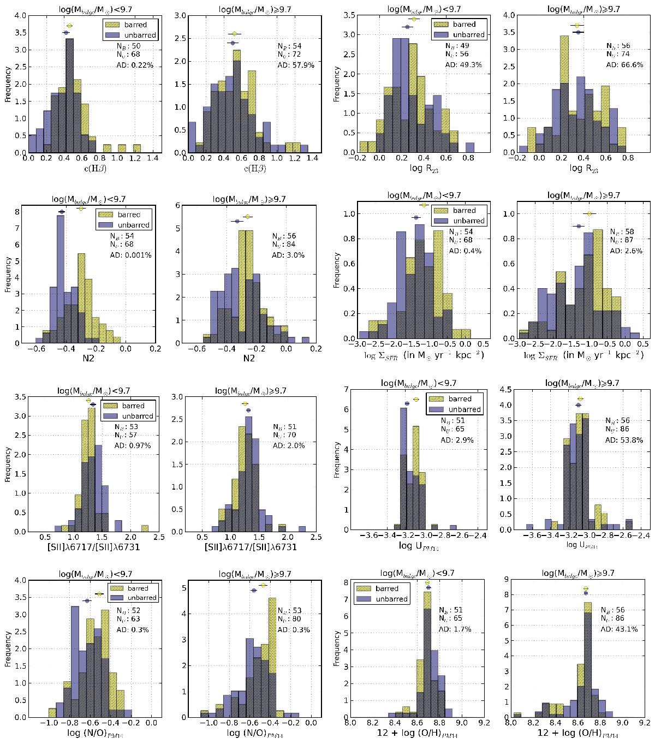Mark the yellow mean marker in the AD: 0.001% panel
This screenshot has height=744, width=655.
81,208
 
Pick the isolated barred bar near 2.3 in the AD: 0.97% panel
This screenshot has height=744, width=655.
145,528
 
